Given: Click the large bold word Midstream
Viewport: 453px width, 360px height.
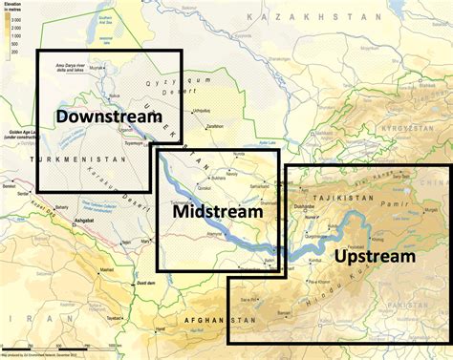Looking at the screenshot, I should point(218,212).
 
